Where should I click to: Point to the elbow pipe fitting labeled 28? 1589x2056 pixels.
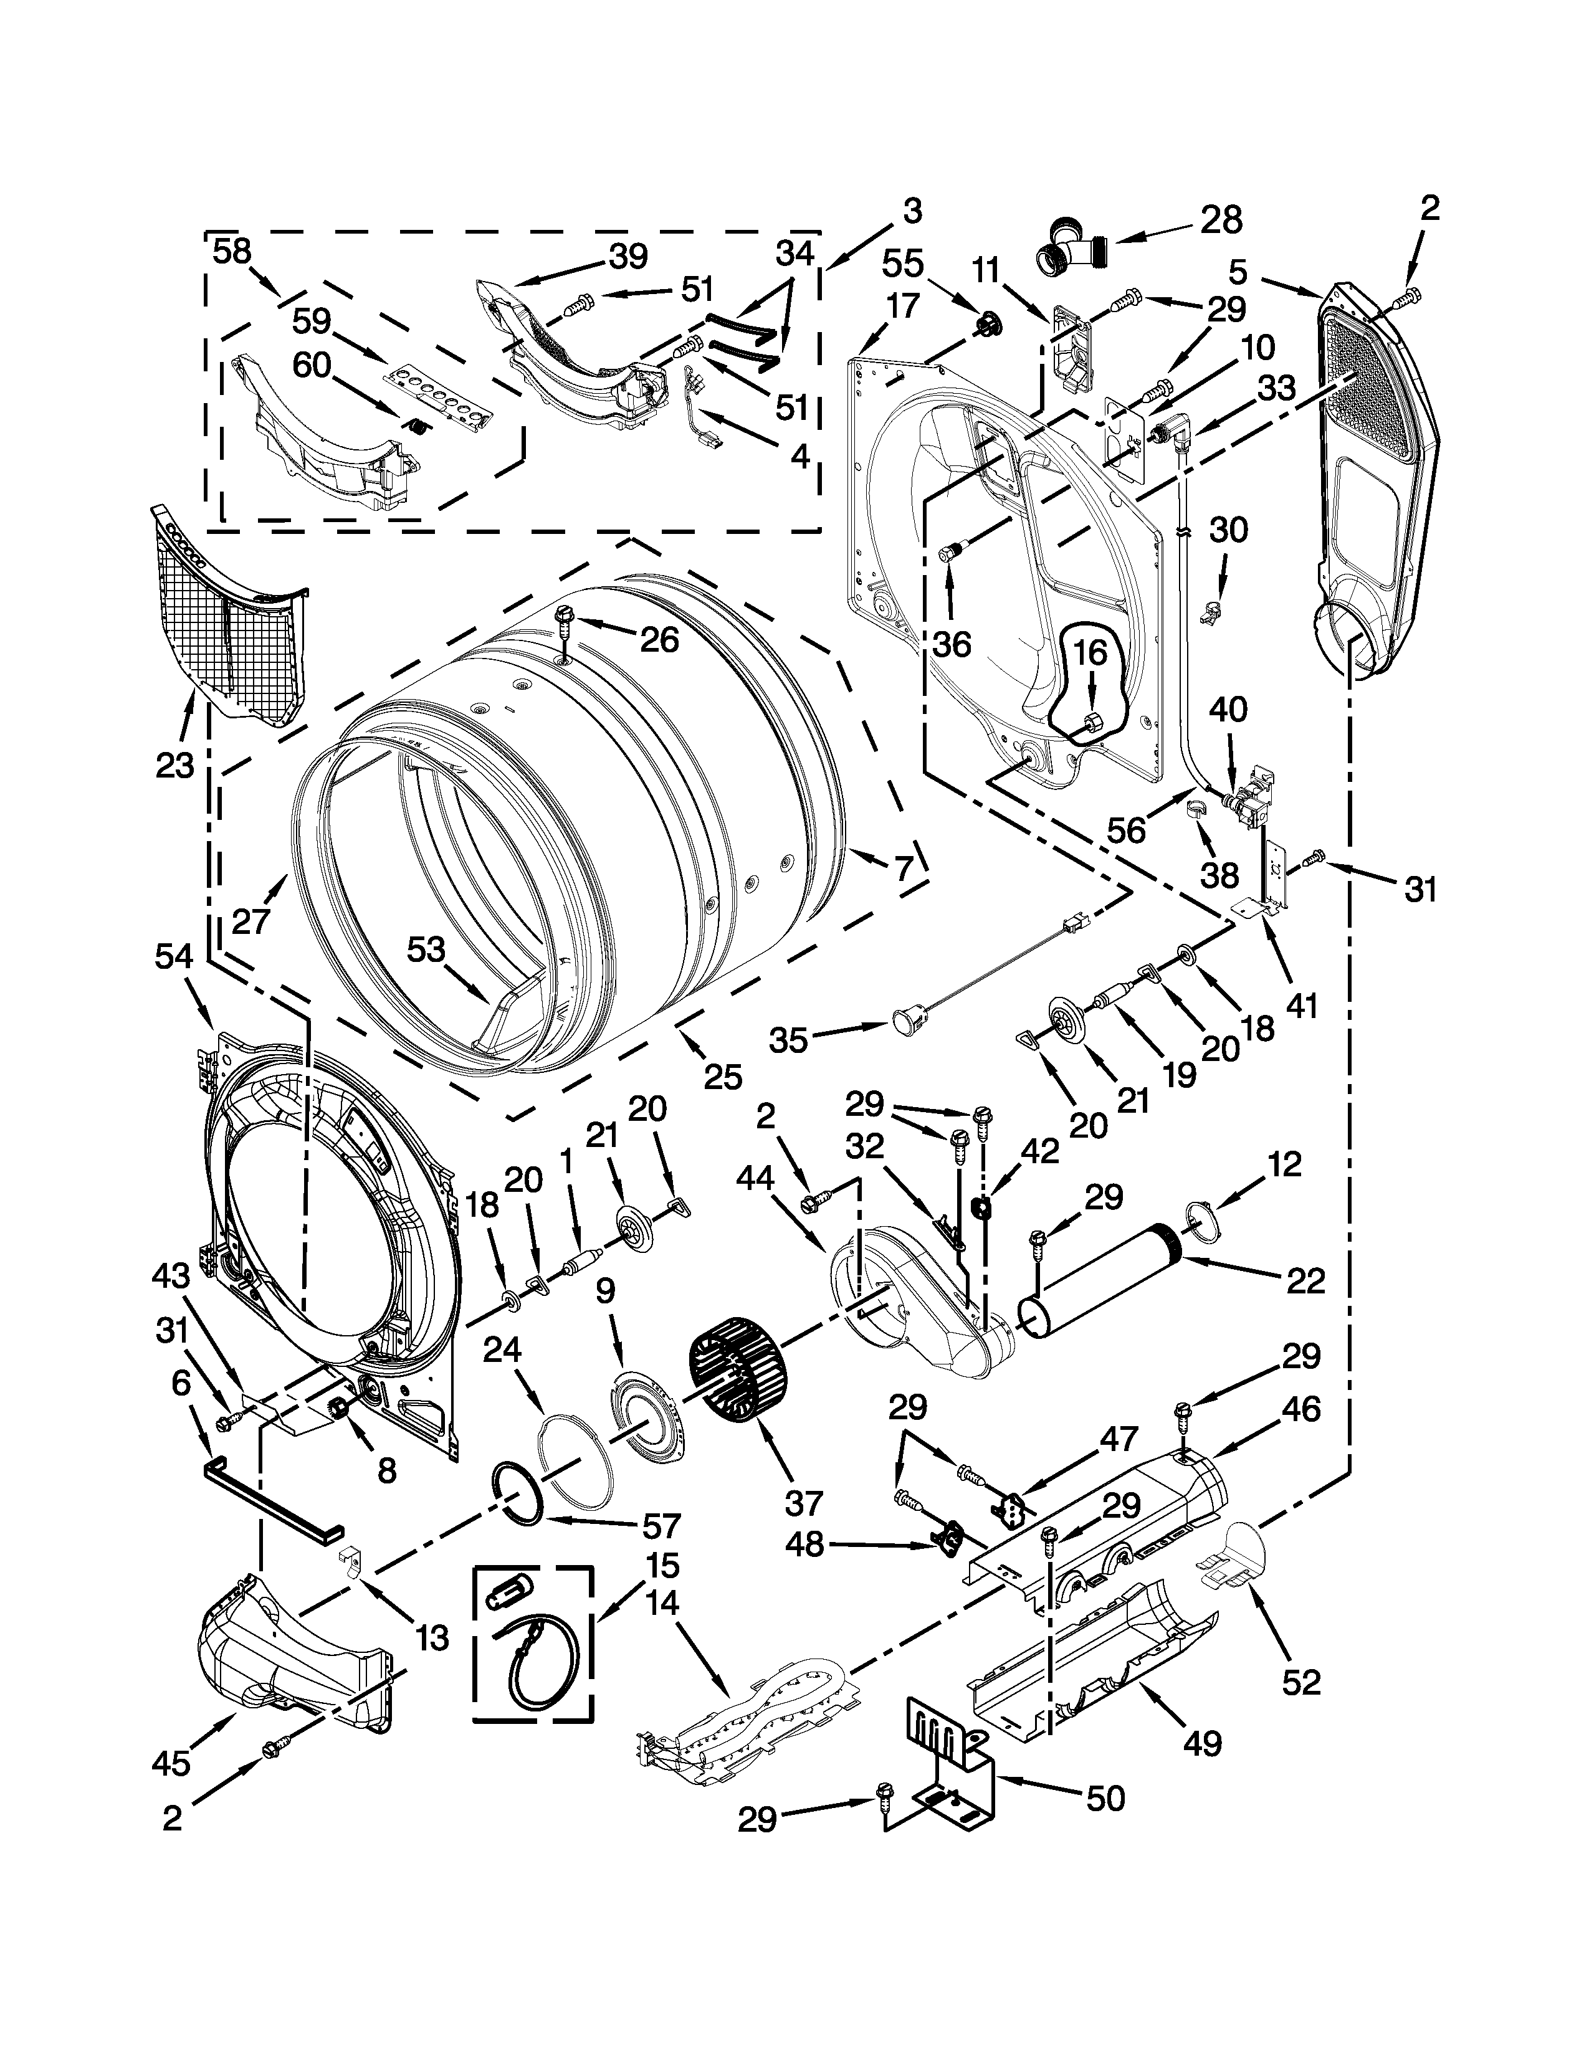[x=1071, y=247]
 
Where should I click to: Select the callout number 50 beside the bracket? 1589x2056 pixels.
[x=1105, y=1799]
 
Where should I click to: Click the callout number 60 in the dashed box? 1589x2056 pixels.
[x=312, y=364]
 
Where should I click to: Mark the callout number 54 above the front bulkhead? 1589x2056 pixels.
[x=173, y=956]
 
